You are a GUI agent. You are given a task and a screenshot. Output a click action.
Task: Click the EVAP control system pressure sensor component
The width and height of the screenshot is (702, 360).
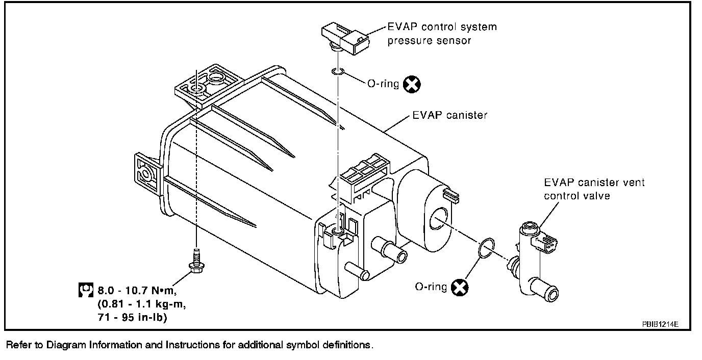[x=345, y=38]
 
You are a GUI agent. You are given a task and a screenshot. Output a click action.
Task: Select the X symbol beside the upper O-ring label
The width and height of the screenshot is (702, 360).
[x=412, y=84]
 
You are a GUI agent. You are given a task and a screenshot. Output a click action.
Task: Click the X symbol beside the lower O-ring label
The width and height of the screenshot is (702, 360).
[x=460, y=287]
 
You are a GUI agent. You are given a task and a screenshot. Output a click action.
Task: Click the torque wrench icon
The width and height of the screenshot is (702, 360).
[x=86, y=290]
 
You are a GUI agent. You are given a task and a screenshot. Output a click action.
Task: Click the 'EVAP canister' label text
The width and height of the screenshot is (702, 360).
[x=450, y=115]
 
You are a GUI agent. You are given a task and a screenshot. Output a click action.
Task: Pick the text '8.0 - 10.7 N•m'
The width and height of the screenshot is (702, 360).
[x=137, y=291]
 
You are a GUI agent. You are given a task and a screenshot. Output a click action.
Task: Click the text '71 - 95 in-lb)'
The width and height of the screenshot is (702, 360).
[x=132, y=317]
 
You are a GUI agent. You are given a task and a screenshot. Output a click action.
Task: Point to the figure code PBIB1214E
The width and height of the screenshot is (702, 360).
[x=660, y=324]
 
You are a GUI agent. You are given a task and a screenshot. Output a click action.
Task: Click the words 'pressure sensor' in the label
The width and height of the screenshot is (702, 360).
[x=429, y=41]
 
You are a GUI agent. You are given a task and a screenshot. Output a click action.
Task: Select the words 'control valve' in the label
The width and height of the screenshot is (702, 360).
[x=576, y=196]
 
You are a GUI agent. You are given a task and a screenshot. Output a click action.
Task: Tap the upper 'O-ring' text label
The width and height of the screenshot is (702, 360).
[x=383, y=84]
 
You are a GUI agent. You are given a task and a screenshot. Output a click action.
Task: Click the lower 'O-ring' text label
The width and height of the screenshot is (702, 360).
[x=431, y=287]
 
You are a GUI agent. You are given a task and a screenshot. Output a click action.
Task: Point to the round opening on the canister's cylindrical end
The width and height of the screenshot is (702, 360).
[x=438, y=218]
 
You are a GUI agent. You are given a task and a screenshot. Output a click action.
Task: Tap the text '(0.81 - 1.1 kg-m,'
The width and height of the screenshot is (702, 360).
[x=142, y=304]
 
